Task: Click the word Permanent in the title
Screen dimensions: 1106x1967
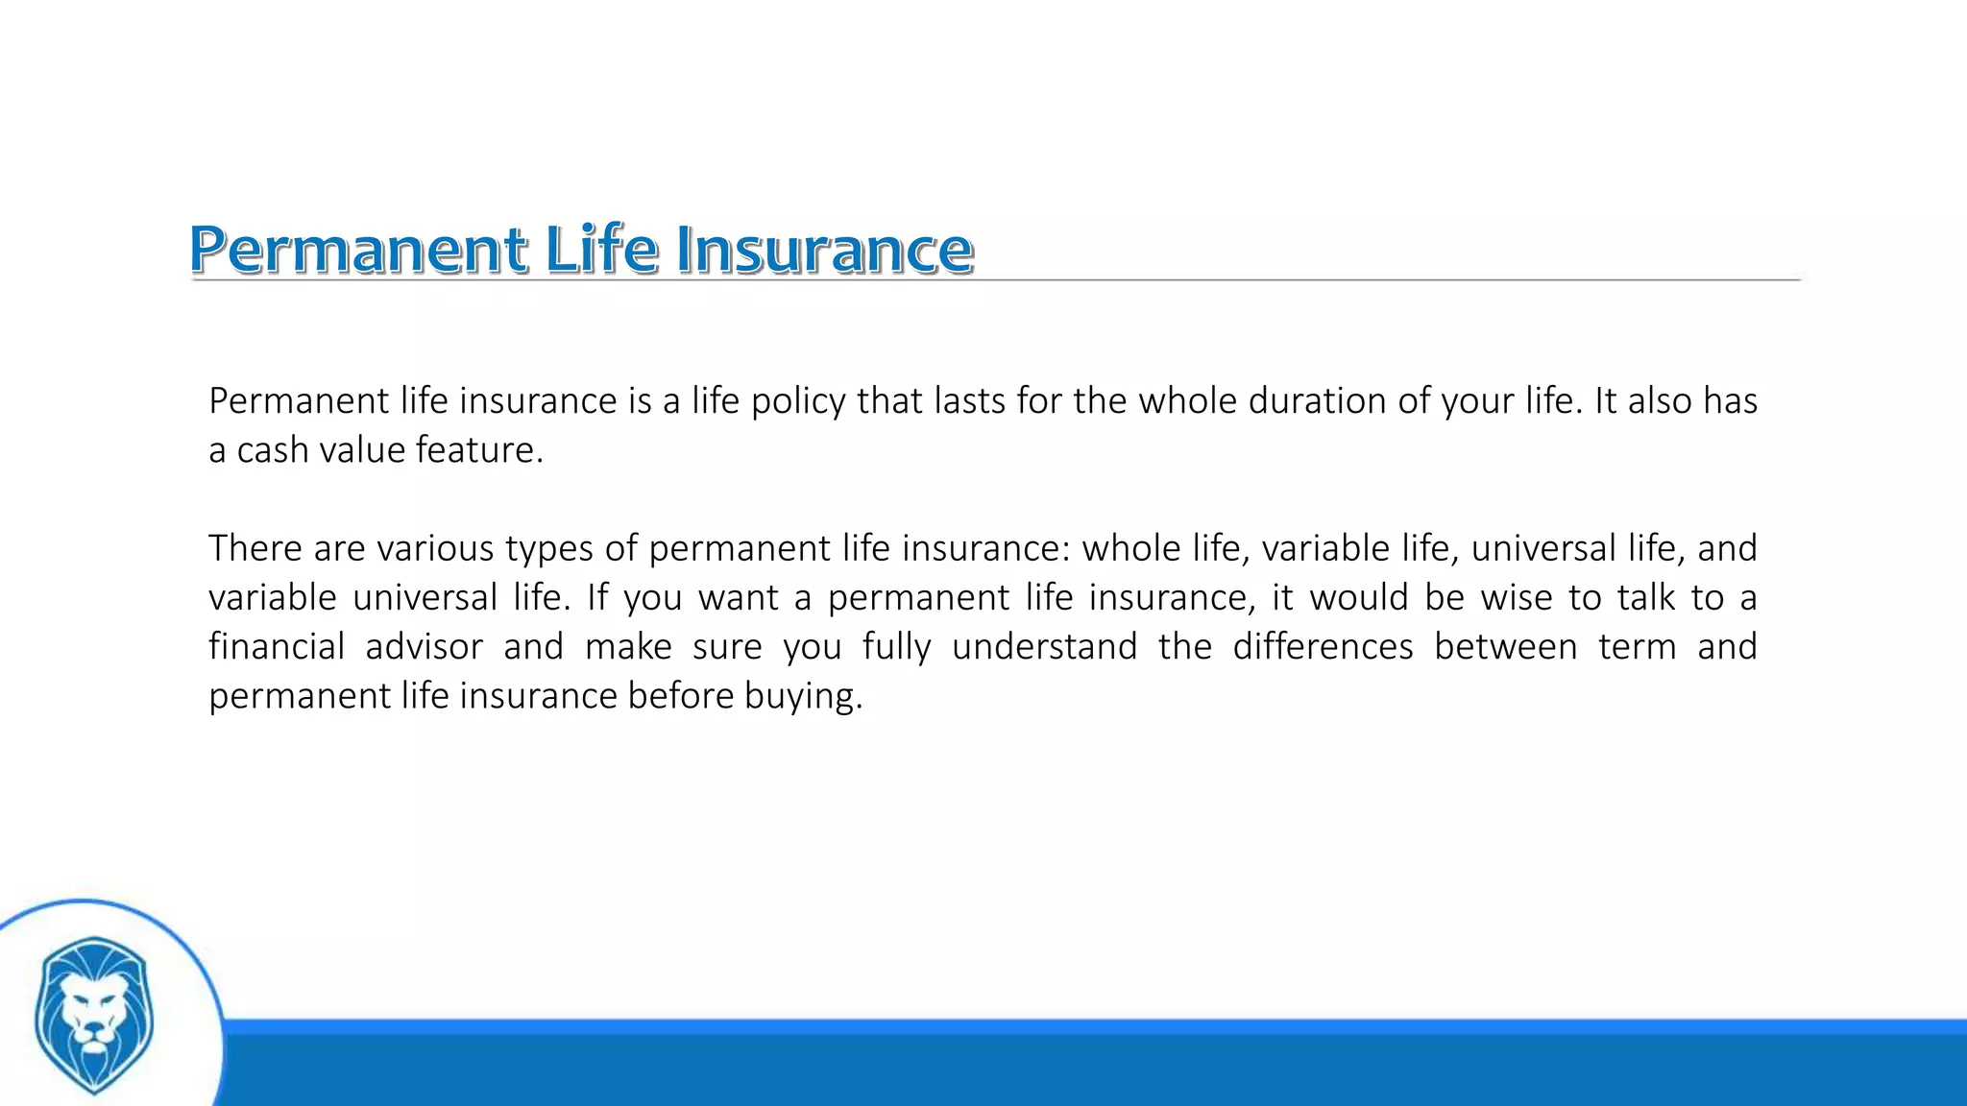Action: pyautogui.click(x=357, y=250)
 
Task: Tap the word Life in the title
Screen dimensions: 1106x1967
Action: pyautogui.click(x=602, y=250)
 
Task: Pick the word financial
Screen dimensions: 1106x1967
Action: pyautogui.click(x=277, y=646)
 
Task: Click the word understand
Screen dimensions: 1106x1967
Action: pyautogui.click(x=1044, y=646)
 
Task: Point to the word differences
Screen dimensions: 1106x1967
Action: pyautogui.click(x=1323, y=646)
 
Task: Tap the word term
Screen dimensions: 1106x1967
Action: pyautogui.click(x=1637, y=646)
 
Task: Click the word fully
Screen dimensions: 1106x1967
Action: pyautogui.click(x=896, y=648)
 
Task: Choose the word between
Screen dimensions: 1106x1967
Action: pyautogui.click(x=1505, y=646)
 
